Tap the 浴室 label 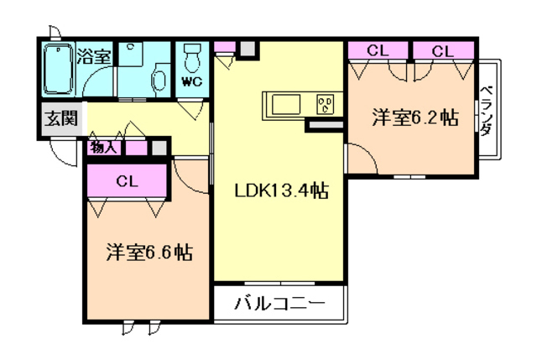tap(93, 57)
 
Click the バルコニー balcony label tap(279, 303)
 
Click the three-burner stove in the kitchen tap(325, 104)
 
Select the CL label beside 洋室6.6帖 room tap(127, 180)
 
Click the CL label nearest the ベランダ tap(442, 50)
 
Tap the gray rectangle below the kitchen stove tap(325, 125)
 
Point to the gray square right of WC tap(246, 49)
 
